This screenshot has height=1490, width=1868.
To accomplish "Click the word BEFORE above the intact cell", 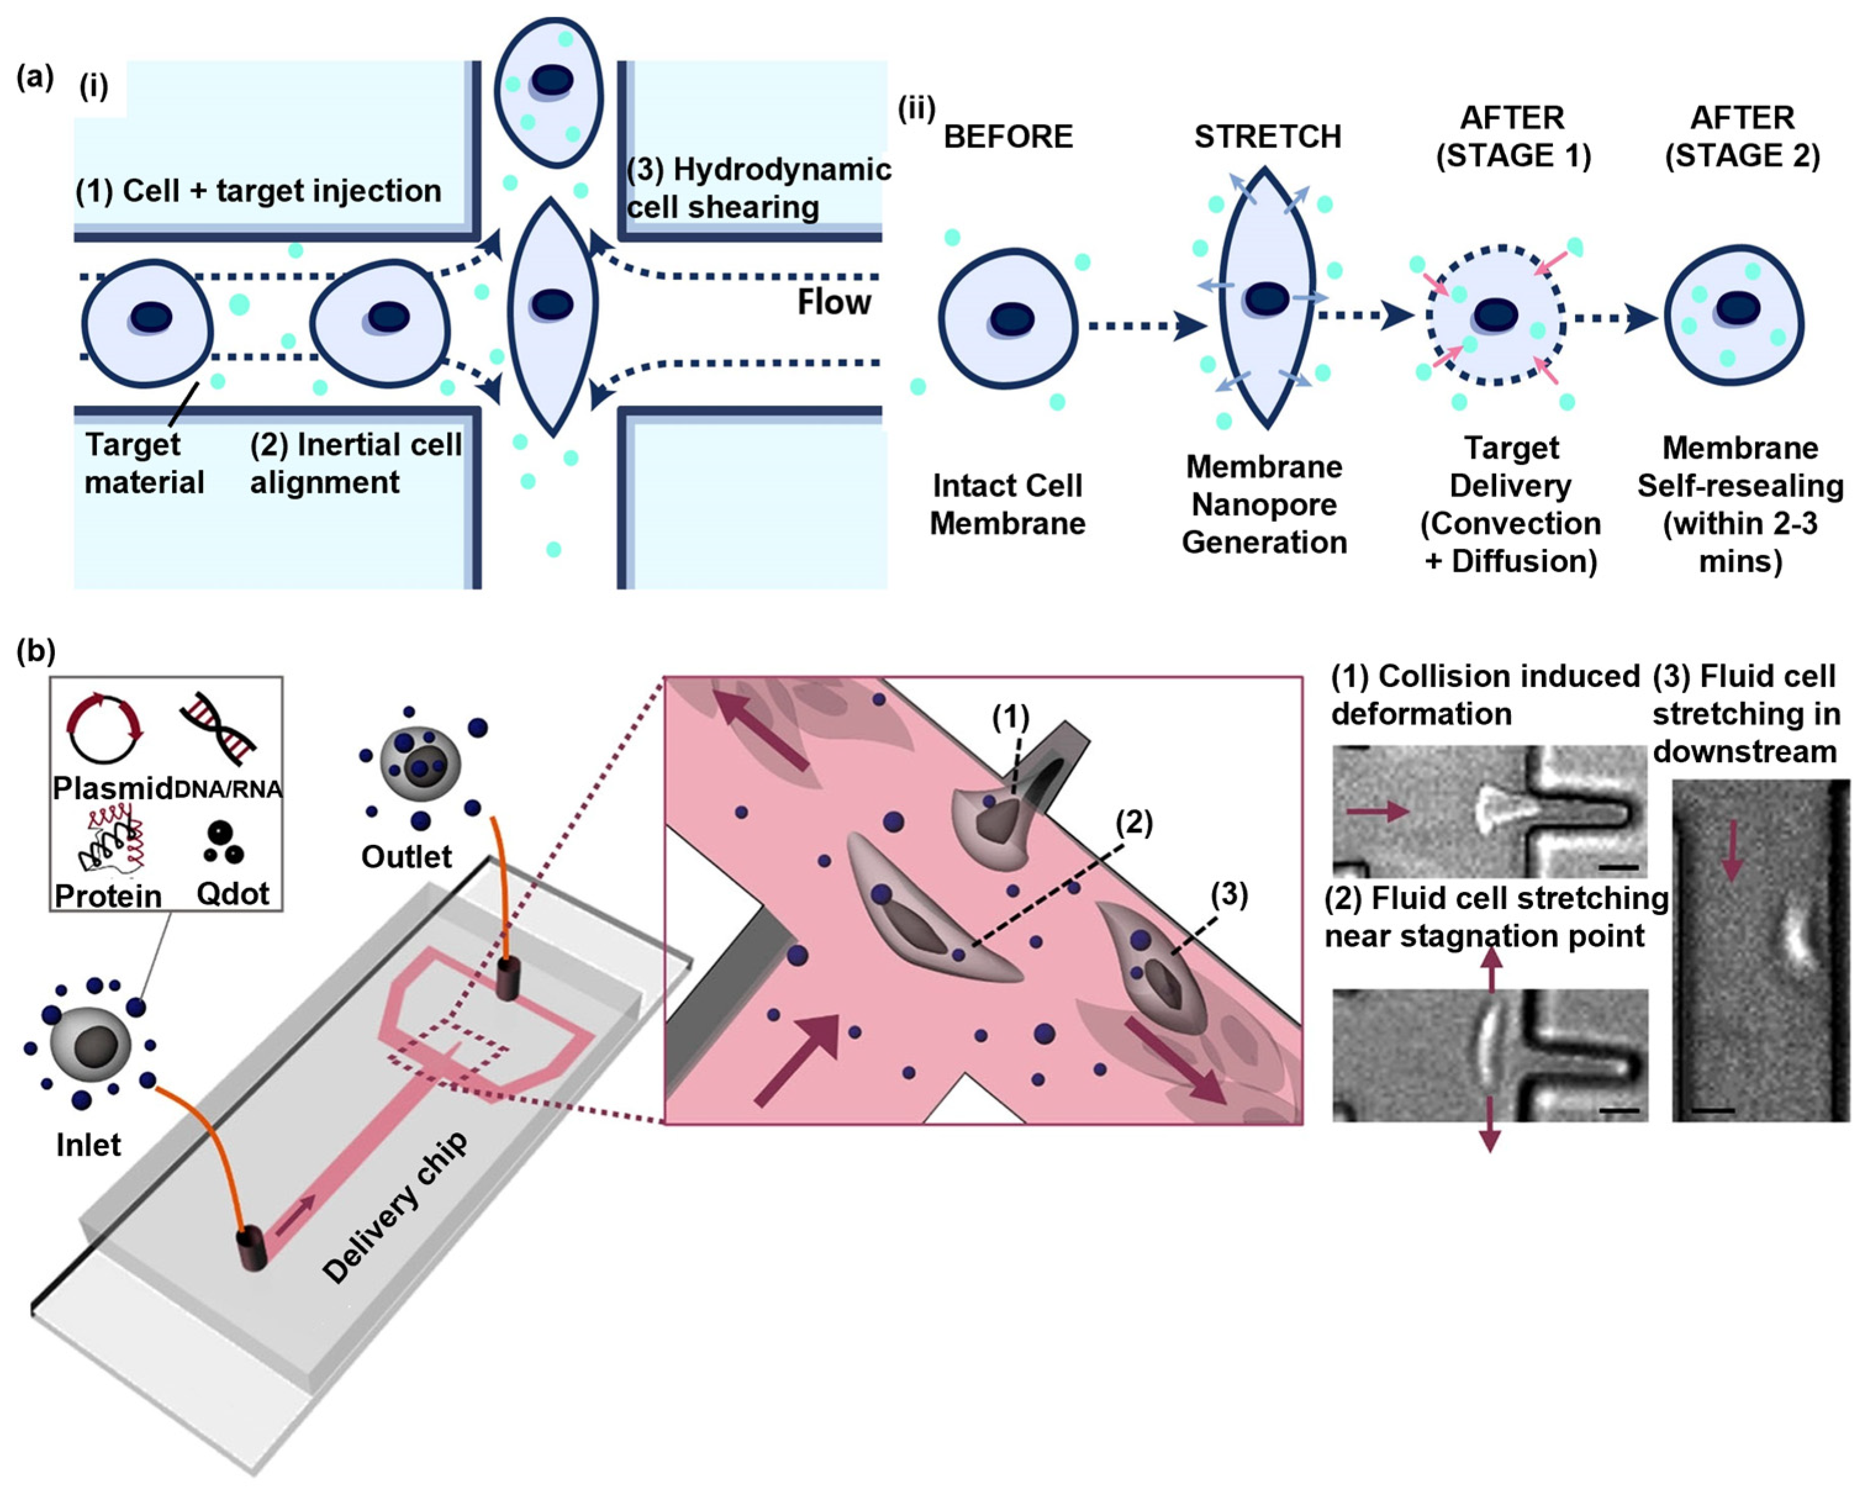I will pos(1008,137).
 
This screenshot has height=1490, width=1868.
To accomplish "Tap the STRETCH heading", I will pos(1267,137).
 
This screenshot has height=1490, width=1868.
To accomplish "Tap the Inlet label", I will pos(88,1145).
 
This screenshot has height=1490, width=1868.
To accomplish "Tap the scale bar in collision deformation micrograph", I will pos(1618,866).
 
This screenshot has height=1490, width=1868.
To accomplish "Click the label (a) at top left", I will pos(35,77).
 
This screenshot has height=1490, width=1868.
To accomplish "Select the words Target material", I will pos(143,463).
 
